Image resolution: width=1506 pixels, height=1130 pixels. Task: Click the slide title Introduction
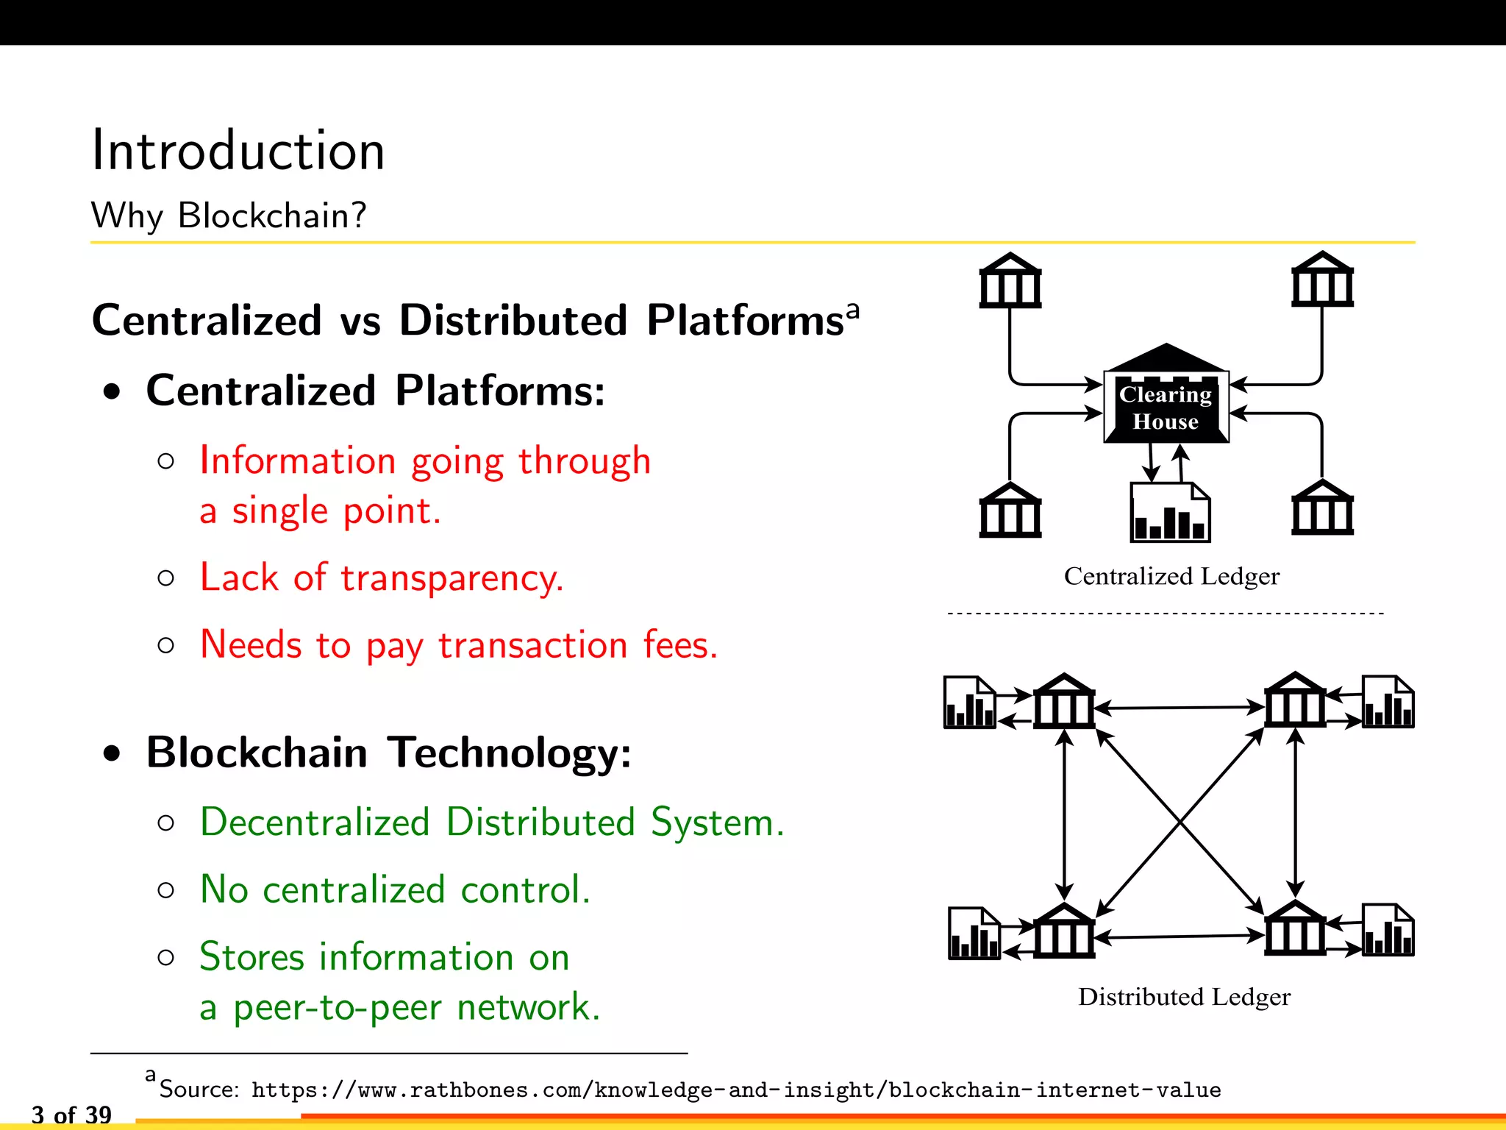coord(238,151)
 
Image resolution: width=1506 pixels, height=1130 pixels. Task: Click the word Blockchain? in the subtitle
coord(271,216)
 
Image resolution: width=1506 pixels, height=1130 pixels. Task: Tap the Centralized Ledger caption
coord(1171,576)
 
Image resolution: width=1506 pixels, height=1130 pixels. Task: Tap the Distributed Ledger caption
coord(1183,997)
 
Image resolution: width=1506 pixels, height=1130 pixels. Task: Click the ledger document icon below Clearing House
coord(1169,513)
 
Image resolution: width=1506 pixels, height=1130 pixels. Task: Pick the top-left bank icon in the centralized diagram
coord(1010,281)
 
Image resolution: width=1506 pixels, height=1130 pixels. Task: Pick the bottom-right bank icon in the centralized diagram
coord(1322,508)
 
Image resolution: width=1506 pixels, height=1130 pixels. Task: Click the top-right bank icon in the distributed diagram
coord(1295,700)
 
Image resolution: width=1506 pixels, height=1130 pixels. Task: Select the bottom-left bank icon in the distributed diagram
coord(1063,931)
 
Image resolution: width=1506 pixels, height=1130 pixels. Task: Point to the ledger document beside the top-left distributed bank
coord(969,703)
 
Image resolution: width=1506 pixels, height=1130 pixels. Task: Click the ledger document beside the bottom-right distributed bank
coord(1388,931)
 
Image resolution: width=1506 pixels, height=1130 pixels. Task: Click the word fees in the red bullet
coord(679,645)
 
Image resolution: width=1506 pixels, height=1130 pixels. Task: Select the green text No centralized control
coord(395,889)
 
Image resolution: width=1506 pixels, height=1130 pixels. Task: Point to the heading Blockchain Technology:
coord(388,753)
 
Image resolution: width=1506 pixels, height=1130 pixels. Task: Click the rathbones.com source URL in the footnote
coord(735,1090)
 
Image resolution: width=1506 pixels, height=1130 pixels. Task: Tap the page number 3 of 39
coord(71,1115)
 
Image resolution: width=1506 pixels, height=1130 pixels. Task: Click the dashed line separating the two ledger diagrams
coord(1166,613)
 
